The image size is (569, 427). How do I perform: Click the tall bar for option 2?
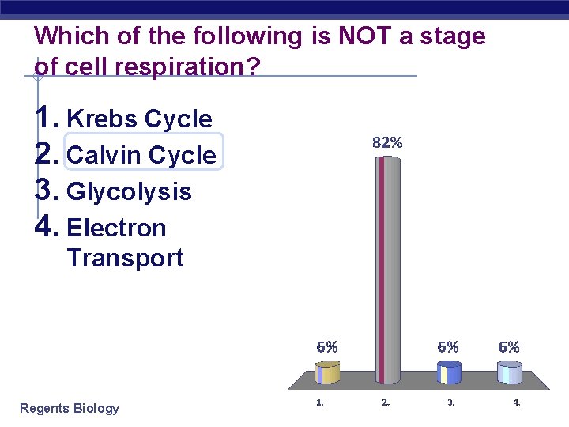click(x=386, y=269)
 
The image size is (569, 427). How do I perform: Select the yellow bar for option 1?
click(x=327, y=372)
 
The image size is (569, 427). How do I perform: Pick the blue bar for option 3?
click(x=449, y=372)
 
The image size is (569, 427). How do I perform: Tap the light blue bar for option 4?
click(x=509, y=372)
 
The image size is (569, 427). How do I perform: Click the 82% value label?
click(x=387, y=143)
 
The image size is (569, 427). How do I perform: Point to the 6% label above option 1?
click(x=327, y=346)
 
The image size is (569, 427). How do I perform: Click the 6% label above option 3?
click(x=448, y=346)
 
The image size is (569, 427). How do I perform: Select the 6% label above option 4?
click(x=509, y=346)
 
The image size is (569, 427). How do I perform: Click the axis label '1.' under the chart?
click(x=319, y=402)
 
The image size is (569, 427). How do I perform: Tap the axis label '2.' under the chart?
click(x=386, y=402)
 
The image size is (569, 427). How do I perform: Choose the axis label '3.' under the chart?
click(x=451, y=402)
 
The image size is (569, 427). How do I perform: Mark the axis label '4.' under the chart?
click(x=517, y=402)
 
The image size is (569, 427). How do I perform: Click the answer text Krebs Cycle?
click(x=140, y=119)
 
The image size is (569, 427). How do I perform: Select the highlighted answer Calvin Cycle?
click(x=141, y=155)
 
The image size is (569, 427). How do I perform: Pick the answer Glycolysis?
click(x=130, y=191)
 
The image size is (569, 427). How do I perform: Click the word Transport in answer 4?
click(x=125, y=258)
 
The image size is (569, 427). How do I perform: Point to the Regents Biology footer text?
click(x=70, y=408)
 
